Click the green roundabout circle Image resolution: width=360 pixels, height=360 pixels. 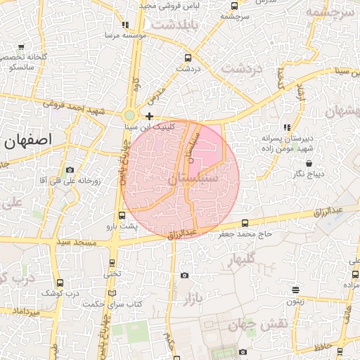pyautogui.click(x=129, y=115)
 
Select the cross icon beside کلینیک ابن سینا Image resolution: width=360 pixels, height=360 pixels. pyautogui.click(x=149, y=115)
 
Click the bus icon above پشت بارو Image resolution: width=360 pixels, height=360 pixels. pyautogui.click(x=123, y=215)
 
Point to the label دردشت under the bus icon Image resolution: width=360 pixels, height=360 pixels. pyautogui.click(x=188, y=69)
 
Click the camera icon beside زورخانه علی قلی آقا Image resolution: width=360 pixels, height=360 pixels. pyautogui.click(x=69, y=170)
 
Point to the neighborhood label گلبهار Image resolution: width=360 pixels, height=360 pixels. pyautogui.click(x=245, y=262)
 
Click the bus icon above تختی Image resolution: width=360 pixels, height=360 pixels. pyautogui.click(x=112, y=263)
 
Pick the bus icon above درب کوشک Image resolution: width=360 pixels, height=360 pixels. pyautogui.click(x=59, y=283)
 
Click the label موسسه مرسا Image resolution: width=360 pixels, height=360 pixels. pyautogui.click(x=125, y=34)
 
